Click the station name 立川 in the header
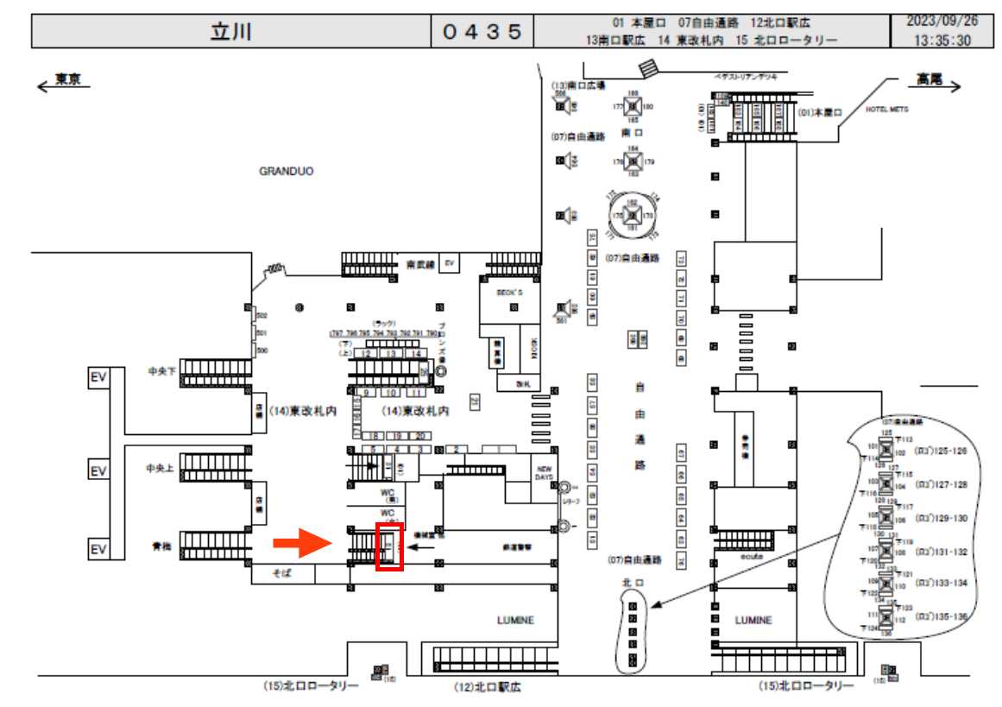click(231, 32)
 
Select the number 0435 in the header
click(482, 32)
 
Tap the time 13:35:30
click(942, 40)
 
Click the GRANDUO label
click(287, 172)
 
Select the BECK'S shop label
click(509, 293)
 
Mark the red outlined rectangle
click(390, 546)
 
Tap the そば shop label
click(282, 573)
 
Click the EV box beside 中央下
click(98, 377)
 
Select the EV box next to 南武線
click(448, 262)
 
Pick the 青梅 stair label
click(161, 546)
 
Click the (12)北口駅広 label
click(488, 688)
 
